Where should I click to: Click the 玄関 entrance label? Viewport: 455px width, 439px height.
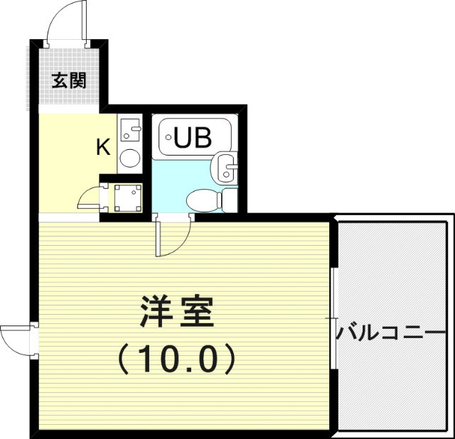click(69, 80)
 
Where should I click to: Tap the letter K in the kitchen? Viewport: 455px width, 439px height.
click(104, 147)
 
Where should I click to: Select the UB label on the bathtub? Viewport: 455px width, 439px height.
click(193, 137)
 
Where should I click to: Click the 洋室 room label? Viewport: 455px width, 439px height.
click(177, 312)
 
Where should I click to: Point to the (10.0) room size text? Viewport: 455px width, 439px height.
click(176, 359)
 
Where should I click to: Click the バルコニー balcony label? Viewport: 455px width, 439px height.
click(391, 332)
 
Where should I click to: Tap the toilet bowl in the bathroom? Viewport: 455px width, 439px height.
click(204, 200)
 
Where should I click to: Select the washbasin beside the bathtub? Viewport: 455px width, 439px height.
click(225, 168)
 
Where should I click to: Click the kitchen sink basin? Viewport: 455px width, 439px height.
click(129, 130)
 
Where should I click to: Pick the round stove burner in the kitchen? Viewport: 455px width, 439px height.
click(129, 158)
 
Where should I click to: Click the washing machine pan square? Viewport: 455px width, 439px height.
click(128, 197)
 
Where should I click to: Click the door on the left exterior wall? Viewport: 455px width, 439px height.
click(17, 340)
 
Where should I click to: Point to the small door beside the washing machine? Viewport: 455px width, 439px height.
click(90, 198)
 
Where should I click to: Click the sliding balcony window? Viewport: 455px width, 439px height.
click(333, 318)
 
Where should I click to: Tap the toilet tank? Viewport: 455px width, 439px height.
click(230, 200)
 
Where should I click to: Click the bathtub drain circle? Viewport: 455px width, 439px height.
click(168, 137)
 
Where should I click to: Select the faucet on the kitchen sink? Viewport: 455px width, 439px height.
click(136, 128)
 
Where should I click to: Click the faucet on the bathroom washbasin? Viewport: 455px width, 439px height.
click(232, 166)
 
